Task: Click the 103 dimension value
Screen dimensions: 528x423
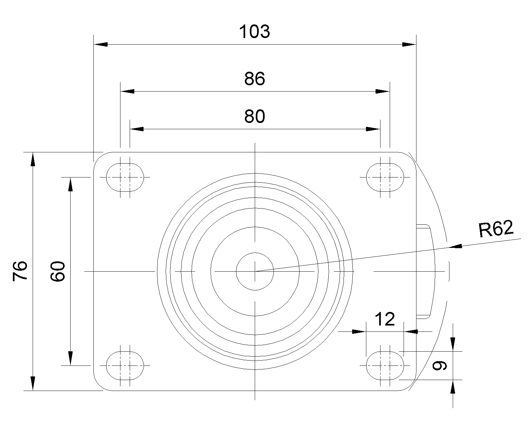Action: (254, 32)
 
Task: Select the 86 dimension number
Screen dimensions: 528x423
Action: (255, 79)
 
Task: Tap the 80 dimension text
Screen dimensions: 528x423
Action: (255, 116)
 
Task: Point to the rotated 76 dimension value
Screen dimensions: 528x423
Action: (20, 271)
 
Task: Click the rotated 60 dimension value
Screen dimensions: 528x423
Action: (58, 271)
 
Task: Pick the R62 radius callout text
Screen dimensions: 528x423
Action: (496, 229)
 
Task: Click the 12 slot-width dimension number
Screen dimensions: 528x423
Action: (385, 319)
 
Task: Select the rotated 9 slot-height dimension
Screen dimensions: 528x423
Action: (440, 365)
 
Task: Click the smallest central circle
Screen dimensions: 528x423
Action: (255, 253)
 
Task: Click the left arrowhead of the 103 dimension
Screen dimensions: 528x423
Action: (101, 45)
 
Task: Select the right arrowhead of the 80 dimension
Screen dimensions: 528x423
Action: (373, 129)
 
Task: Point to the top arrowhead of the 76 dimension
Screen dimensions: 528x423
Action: (33, 159)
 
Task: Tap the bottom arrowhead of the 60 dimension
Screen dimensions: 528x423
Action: (70, 358)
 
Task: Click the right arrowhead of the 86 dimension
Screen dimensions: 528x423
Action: (382, 92)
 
